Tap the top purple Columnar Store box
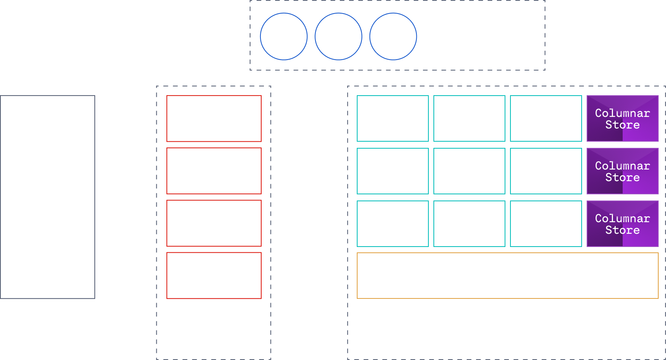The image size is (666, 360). [x=622, y=118]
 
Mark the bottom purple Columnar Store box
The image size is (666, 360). [x=622, y=224]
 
